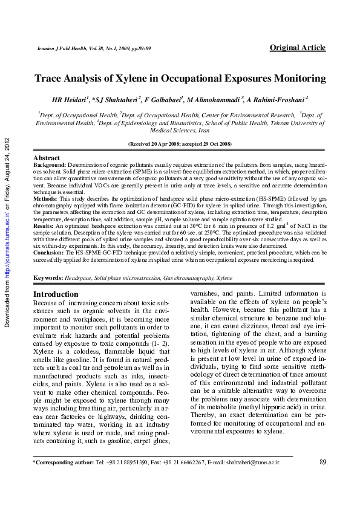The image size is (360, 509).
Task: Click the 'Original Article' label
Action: [x=297, y=48]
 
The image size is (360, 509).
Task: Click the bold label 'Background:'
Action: [x=49, y=164]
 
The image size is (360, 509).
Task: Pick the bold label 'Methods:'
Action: [x=45, y=198]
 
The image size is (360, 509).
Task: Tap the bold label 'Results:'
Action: [x=45, y=225]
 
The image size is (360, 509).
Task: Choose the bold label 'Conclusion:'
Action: [x=49, y=253]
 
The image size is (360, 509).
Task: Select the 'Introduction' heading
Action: [x=56, y=294]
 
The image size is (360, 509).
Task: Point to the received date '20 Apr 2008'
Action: [x=162, y=144]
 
